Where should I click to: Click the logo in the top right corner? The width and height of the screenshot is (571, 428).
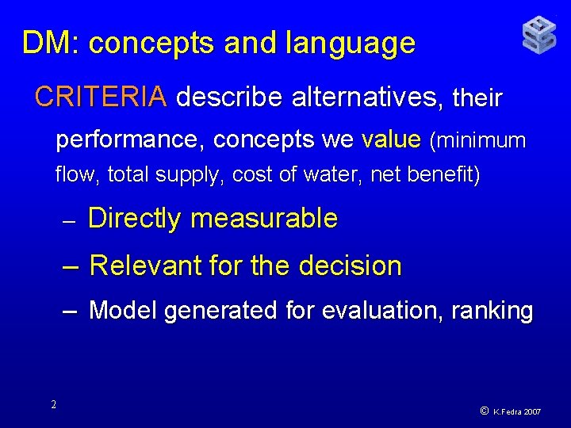tap(538, 36)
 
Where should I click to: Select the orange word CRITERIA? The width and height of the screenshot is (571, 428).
tap(101, 97)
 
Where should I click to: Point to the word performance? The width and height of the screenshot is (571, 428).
tap(131, 140)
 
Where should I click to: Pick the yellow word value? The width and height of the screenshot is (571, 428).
tap(390, 140)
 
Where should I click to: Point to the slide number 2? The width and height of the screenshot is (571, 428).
tap(53, 405)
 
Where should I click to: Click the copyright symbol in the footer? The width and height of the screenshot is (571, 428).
tap(484, 411)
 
